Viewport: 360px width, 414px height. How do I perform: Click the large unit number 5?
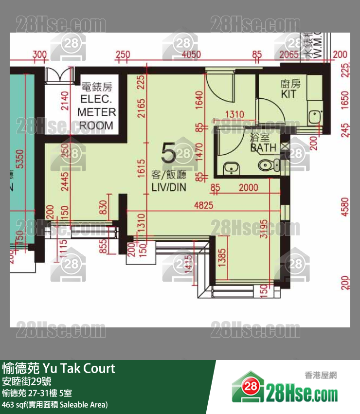tap(168, 154)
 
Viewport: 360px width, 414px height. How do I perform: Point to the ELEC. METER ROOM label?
tap(97, 107)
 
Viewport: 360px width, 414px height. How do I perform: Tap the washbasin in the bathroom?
tap(231, 168)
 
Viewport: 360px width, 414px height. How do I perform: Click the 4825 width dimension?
tap(203, 205)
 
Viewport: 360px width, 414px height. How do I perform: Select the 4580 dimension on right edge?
tap(345, 206)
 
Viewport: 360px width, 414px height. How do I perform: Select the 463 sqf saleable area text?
tap(54, 404)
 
